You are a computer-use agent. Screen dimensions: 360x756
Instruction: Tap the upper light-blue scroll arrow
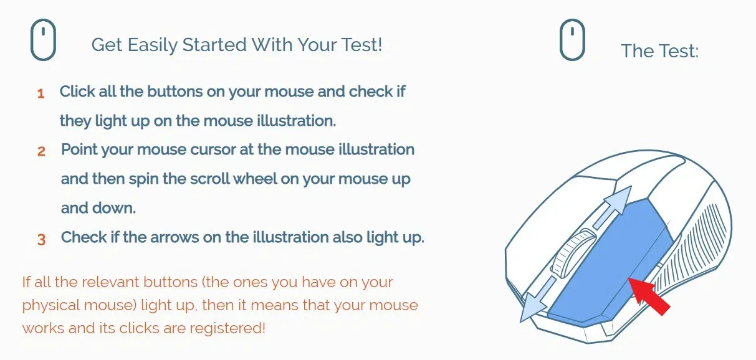610,204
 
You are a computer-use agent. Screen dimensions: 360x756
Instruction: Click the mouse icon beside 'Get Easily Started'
44,40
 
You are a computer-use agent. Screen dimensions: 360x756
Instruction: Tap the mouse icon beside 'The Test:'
572,40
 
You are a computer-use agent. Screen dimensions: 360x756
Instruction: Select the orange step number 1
41,94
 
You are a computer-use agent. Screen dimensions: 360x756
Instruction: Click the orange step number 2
41,151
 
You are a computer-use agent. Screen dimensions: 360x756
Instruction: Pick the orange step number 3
41,240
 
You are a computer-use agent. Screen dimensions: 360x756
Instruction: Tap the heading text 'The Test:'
659,51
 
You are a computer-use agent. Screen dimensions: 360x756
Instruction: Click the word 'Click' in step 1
77,92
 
